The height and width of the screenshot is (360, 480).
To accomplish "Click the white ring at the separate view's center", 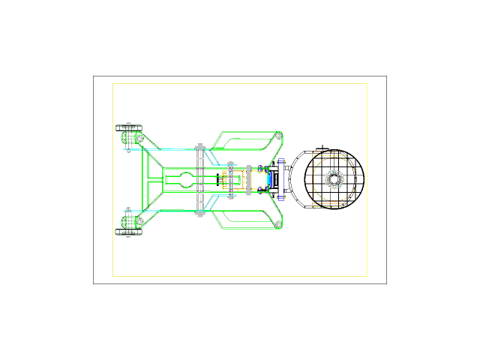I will pos(334,179).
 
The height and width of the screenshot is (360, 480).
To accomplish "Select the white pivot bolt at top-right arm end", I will pos(278,136).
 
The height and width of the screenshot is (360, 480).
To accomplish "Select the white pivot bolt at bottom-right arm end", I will pos(278,224).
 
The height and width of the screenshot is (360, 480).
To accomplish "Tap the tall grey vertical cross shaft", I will pos(200,180).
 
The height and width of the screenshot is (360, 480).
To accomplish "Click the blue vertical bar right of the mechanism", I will pos(282,180).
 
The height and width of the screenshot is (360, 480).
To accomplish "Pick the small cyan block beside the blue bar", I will pos(268,180).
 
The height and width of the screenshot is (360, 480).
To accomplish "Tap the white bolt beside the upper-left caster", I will pos(139,139).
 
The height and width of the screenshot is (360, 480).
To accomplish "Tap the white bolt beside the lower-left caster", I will pos(139,221).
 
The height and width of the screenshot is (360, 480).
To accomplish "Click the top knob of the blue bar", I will pos(281,161).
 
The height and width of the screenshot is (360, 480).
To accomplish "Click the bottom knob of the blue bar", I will pos(281,197).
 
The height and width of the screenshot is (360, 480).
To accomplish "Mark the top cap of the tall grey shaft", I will pos(200,146).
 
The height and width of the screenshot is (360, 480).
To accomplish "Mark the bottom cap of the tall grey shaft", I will pos(200,214).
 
